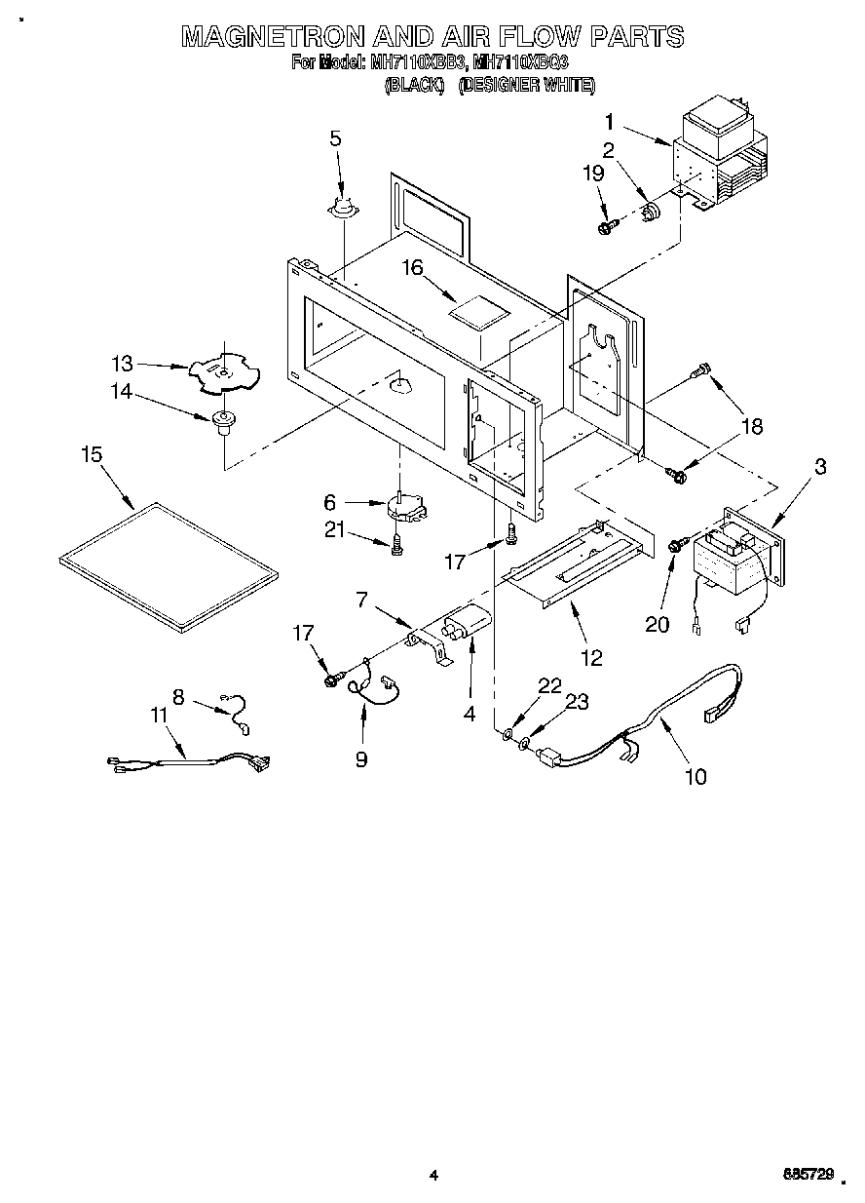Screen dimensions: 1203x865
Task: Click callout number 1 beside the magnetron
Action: point(609,122)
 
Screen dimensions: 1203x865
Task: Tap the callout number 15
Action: point(92,455)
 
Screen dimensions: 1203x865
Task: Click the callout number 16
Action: point(413,268)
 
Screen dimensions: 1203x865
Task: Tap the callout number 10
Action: point(696,776)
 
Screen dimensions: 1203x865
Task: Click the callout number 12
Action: point(592,657)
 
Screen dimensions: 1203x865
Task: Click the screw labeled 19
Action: point(608,226)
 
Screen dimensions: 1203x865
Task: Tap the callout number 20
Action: point(658,623)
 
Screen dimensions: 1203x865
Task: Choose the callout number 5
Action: point(335,137)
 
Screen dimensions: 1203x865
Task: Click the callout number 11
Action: point(159,715)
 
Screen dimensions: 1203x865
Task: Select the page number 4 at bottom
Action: point(433,1176)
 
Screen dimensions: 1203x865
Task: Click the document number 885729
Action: point(808,1176)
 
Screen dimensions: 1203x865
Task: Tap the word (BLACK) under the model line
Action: point(415,86)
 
